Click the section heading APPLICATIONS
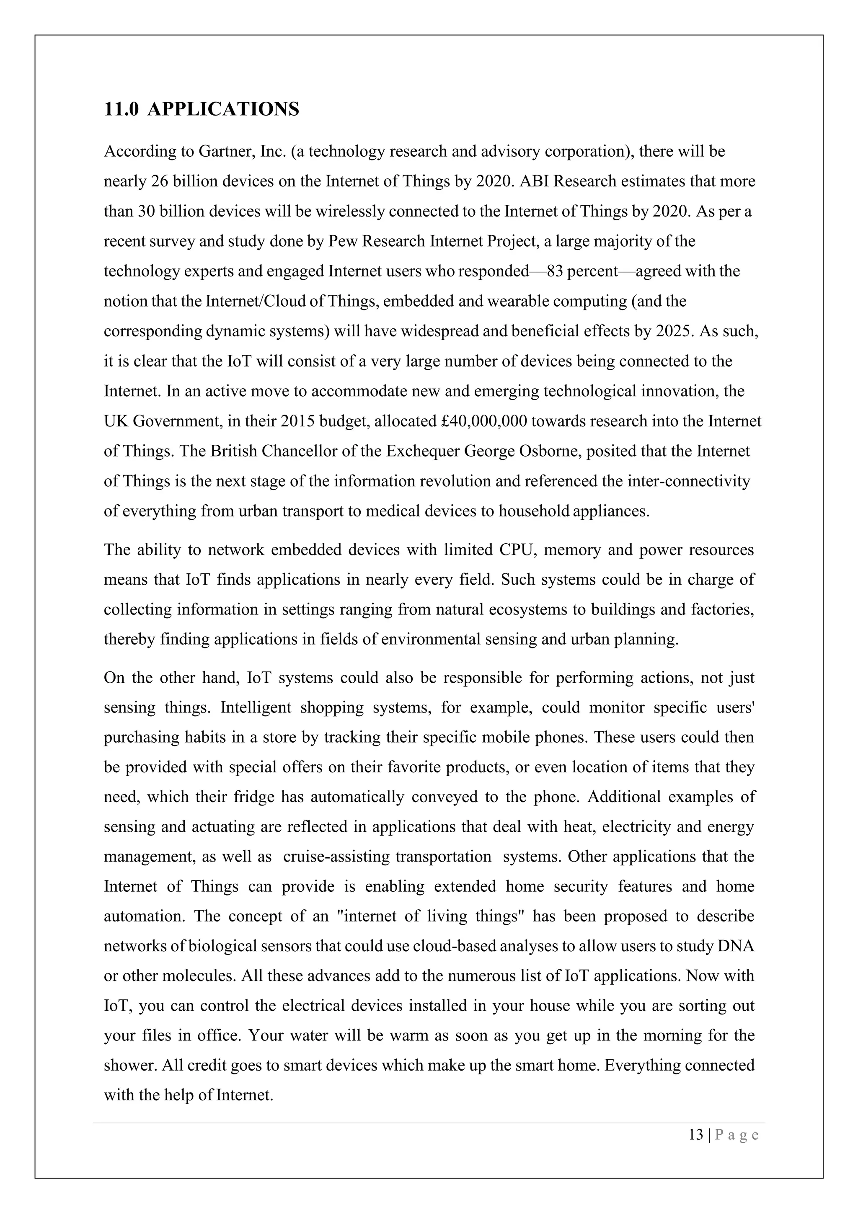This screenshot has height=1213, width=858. point(223,109)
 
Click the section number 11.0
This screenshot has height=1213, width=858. point(121,109)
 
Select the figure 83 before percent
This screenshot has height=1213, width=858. point(556,271)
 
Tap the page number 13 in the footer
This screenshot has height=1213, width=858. point(696,1135)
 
